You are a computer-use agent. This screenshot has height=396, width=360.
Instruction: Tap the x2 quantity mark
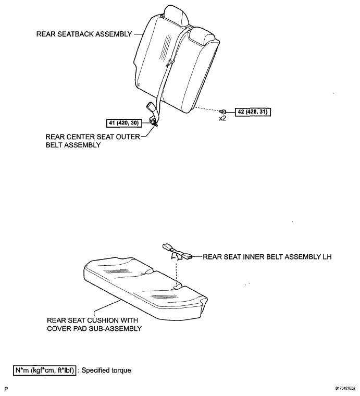point(222,118)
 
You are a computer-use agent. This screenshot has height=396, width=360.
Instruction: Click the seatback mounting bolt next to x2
point(223,112)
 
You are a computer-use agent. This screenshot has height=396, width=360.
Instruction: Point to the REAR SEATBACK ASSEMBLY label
point(84,34)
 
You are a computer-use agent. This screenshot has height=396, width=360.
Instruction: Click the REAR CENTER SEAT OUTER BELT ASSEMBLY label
point(93,141)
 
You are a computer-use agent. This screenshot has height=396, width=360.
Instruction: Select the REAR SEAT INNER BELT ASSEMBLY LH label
point(267,257)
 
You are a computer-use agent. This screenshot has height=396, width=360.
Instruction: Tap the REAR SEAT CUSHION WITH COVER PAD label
point(94,325)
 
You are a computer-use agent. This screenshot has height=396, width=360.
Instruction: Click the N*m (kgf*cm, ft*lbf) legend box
point(44,370)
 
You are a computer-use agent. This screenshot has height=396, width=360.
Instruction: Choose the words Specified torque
point(106,370)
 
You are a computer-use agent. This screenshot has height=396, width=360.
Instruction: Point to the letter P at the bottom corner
point(6,389)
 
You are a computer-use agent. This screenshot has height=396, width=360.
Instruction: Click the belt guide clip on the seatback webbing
point(170,63)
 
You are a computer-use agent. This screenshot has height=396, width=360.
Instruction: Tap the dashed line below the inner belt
point(176,274)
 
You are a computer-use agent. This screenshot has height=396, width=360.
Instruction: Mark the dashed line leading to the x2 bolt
point(208,109)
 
